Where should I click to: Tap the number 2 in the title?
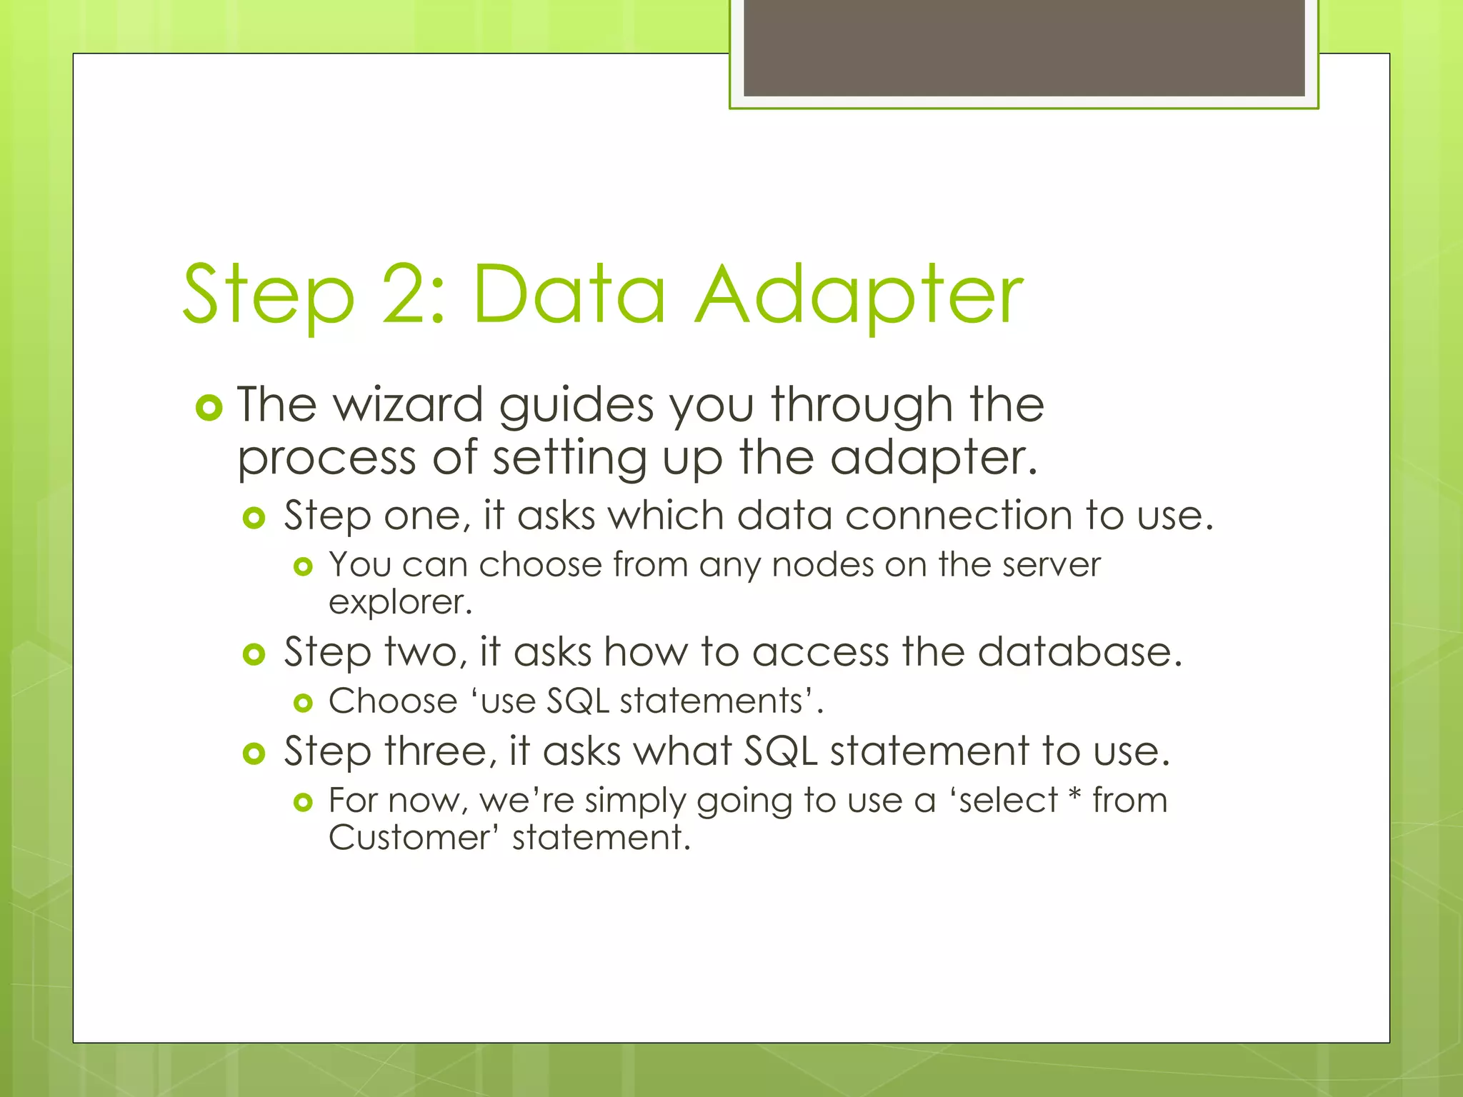(406, 294)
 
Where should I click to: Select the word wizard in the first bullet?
(409, 405)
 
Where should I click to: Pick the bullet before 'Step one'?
(254, 518)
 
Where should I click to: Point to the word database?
(1079, 651)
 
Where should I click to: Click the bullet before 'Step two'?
(254, 653)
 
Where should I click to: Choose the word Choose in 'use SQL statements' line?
(393, 701)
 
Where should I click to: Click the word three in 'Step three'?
(440, 751)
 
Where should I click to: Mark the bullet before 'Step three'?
(254, 753)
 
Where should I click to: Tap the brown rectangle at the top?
(1024, 47)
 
